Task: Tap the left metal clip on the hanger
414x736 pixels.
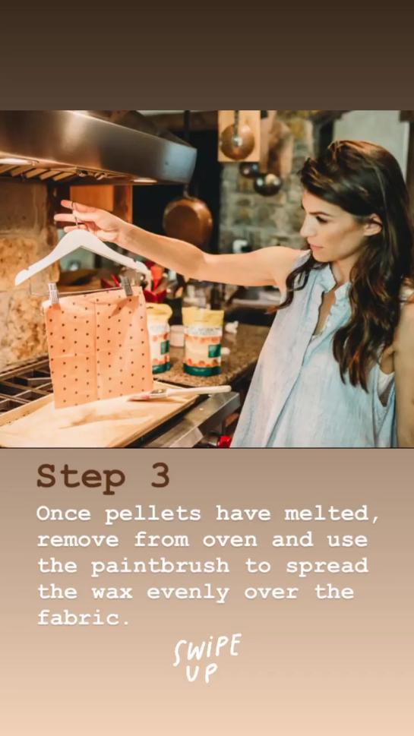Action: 52,293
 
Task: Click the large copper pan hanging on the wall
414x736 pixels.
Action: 188,220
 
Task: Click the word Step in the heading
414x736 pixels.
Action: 81,477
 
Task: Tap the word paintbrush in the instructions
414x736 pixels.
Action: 160,567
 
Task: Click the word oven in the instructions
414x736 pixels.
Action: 230,540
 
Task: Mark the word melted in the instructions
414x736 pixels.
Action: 332,514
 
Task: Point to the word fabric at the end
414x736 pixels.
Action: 84,617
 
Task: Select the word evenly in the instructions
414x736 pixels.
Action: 188,593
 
